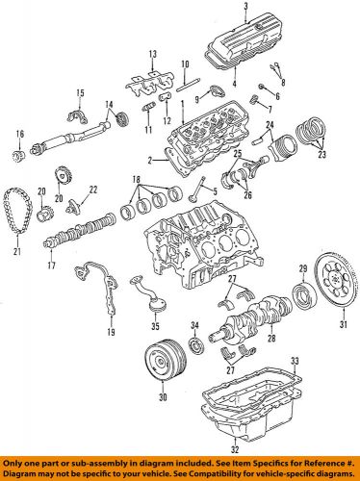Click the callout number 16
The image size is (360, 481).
point(18,135)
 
